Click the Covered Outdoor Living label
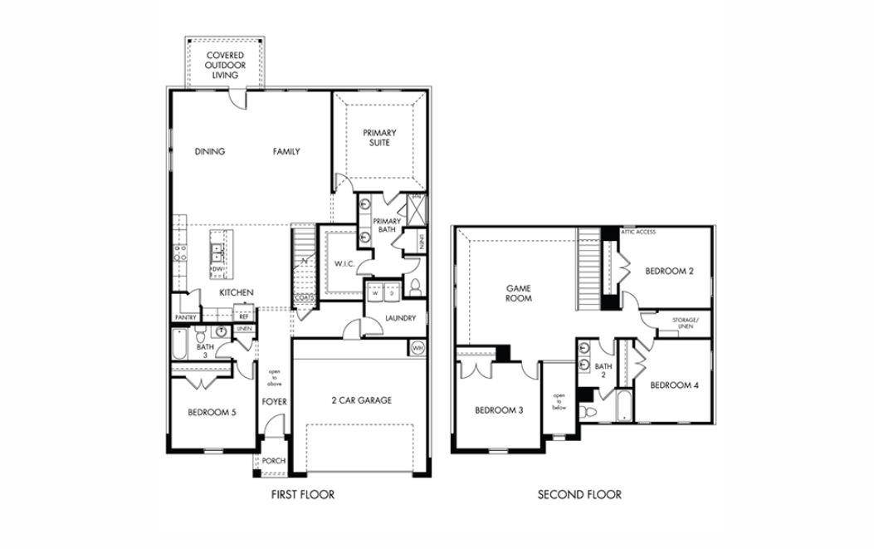(224, 65)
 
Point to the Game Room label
(519, 293)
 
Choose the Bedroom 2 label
(671, 271)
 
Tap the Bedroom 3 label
(498, 410)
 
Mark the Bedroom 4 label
(674, 385)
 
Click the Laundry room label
(401, 318)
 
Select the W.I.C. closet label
(345, 265)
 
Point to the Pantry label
(185, 317)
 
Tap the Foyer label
(274, 402)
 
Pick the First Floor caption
(303, 495)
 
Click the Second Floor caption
(579, 495)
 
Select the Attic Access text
(638, 232)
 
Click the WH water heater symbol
(417, 347)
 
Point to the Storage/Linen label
(686, 323)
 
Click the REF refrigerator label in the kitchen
(244, 316)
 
